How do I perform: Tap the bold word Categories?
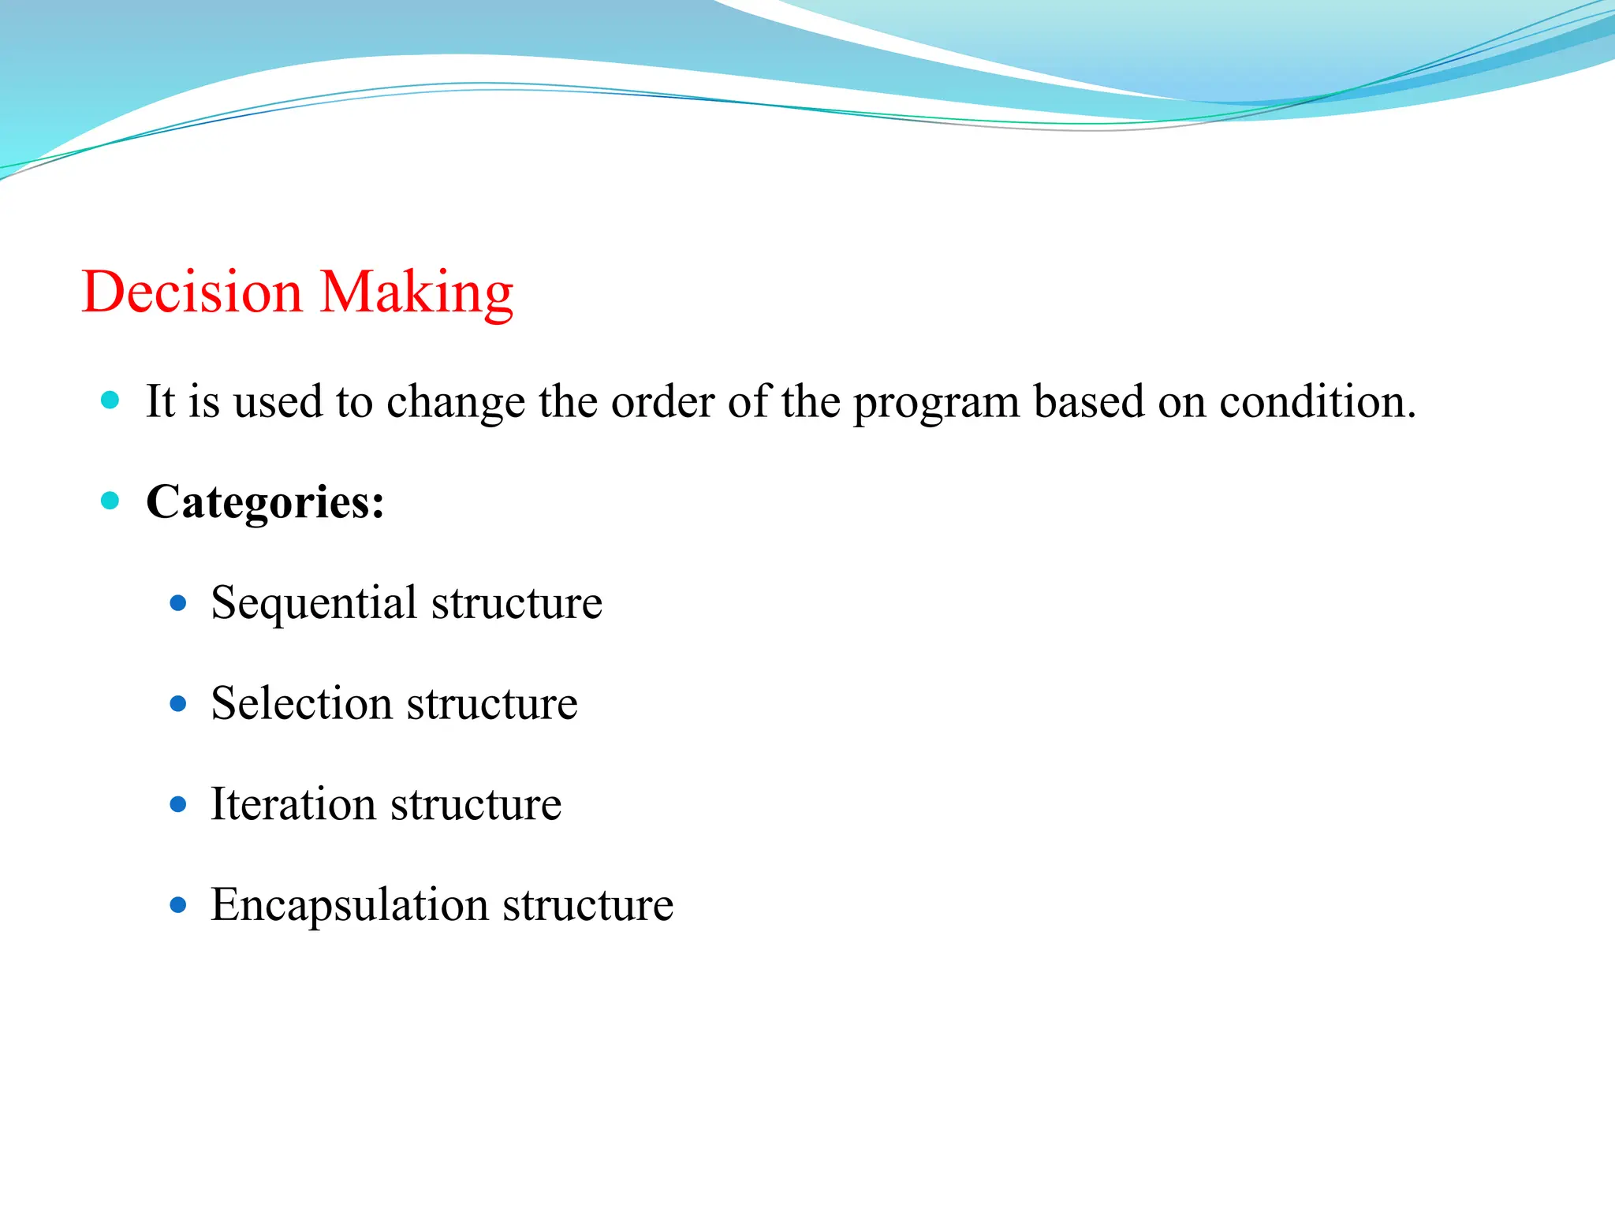pos(265,501)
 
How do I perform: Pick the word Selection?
pos(301,703)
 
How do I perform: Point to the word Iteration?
pos(293,804)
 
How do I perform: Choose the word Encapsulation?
pos(349,905)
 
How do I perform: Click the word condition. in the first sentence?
pos(1318,401)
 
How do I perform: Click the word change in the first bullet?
pos(455,402)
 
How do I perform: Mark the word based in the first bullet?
pos(1088,401)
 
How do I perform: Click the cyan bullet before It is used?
pos(110,400)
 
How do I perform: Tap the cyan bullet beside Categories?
pos(110,500)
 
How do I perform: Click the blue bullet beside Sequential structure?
pos(178,604)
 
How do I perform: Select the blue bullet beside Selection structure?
pos(178,703)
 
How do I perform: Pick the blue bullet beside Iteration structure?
pos(178,804)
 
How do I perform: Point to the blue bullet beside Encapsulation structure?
pos(178,905)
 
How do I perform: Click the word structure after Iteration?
pos(476,805)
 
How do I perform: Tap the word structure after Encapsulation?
pos(587,905)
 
